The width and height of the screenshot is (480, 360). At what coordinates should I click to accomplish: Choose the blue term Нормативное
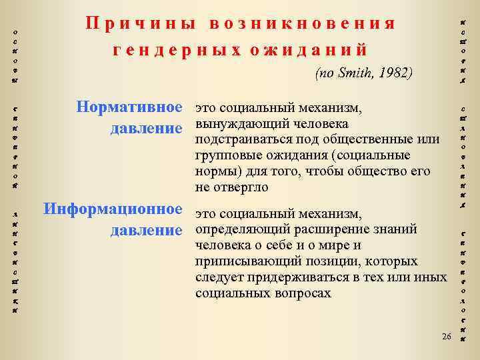[129, 107]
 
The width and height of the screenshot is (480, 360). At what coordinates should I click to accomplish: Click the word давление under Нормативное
[147, 127]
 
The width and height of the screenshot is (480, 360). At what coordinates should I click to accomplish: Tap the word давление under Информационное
[147, 231]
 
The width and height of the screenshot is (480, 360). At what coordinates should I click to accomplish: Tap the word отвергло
[241, 187]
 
